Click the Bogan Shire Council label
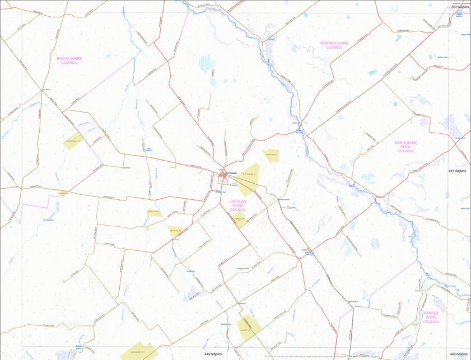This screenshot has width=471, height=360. pyautogui.click(x=69, y=60)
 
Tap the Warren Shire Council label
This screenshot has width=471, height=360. pyautogui.click(x=334, y=45)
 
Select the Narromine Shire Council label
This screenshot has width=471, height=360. pyautogui.click(x=405, y=147)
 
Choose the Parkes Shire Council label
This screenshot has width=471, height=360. pyautogui.click(x=431, y=317)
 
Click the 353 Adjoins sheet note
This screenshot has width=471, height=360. pyautogui.click(x=460, y=7)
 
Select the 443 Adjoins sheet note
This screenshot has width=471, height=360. pyautogui.click(x=458, y=354)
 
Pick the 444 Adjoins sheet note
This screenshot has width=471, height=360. pyautogui.click(x=214, y=354)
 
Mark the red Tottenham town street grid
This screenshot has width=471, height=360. pyautogui.click(x=223, y=179)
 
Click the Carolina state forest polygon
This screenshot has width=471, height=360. pyautogui.click(x=271, y=155)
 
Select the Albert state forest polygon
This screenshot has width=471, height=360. pyautogui.click(x=247, y=328)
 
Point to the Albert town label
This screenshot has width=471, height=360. pyautogui.click(x=305, y=250)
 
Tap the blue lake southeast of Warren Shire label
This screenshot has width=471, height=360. pyautogui.click(x=372, y=73)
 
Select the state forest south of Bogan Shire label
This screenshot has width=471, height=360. pyautogui.click(x=73, y=141)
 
